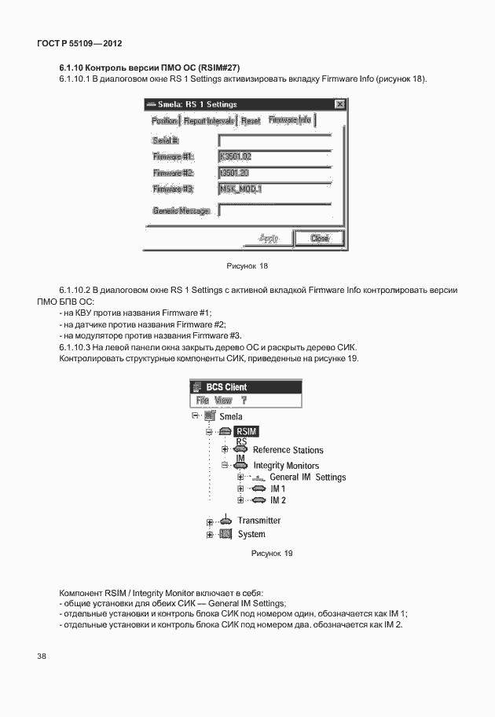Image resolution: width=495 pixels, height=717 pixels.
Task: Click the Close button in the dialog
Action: [x=319, y=238]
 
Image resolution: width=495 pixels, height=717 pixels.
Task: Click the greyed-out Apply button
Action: [x=268, y=238]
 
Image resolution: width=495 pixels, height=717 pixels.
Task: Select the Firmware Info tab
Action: [x=290, y=120]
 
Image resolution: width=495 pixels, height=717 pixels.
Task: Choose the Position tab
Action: [x=164, y=121]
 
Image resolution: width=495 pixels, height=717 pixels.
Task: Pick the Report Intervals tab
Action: [x=208, y=121]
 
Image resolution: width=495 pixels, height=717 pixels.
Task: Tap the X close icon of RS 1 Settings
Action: [x=339, y=104]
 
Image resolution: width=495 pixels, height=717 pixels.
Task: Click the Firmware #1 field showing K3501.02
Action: [x=274, y=157]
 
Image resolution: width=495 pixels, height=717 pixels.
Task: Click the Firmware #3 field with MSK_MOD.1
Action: [x=274, y=189]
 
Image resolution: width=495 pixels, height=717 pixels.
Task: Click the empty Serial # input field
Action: [x=274, y=140]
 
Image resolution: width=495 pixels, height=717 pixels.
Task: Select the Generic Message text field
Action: [x=274, y=210]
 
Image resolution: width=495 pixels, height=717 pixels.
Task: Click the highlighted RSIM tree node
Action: [x=246, y=431]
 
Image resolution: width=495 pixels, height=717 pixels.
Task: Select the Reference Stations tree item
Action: [x=288, y=450]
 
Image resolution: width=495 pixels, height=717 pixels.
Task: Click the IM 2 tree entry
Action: [x=277, y=500]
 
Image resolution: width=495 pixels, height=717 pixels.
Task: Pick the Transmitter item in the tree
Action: [x=258, y=521]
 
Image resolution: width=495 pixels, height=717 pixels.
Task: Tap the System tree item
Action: [x=251, y=535]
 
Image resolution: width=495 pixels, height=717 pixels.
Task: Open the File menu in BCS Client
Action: [x=202, y=400]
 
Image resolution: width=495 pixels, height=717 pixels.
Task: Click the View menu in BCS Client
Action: [x=223, y=400]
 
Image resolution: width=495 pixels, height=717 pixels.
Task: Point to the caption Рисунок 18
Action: [x=247, y=266]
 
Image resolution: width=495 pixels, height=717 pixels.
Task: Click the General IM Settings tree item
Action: [x=307, y=477]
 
